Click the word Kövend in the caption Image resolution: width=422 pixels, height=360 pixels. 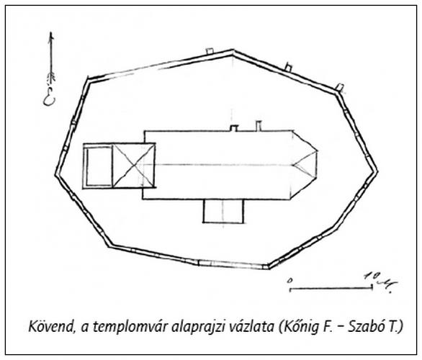pyautogui.click(x=51, y=326)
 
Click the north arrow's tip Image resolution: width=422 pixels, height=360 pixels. pyautogui.click(x=51, y=33)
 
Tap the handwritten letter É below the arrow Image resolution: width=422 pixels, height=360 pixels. pyautogui.click(x=50, y=98)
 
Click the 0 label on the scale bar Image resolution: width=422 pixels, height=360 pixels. pyautogui.click(x=289, y=280)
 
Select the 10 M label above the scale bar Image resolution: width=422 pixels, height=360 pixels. pyautogui.click(x=381, y=281)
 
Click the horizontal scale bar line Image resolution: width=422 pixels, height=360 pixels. pyautogui.click(x=331, y=289)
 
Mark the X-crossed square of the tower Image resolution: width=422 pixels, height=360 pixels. pyautogui.click(x=133, y=166)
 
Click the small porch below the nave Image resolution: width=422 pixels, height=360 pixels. pyautogui.click(x=223, y=211)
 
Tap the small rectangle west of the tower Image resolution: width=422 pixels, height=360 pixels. pyautogui.click(x=99, y=166)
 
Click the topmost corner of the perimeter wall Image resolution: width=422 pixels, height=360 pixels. pyautogui.click(x=233, y=51)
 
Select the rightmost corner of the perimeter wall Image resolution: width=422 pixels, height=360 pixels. pyautogui.click(x=376, y=171)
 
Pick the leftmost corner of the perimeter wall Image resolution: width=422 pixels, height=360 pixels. pyautogui.click(x=56, y=174)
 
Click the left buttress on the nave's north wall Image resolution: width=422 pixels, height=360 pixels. pyautogui.click(x=234, y=128)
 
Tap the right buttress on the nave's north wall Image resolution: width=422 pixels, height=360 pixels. pyautogui.click(x=259, y=126)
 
